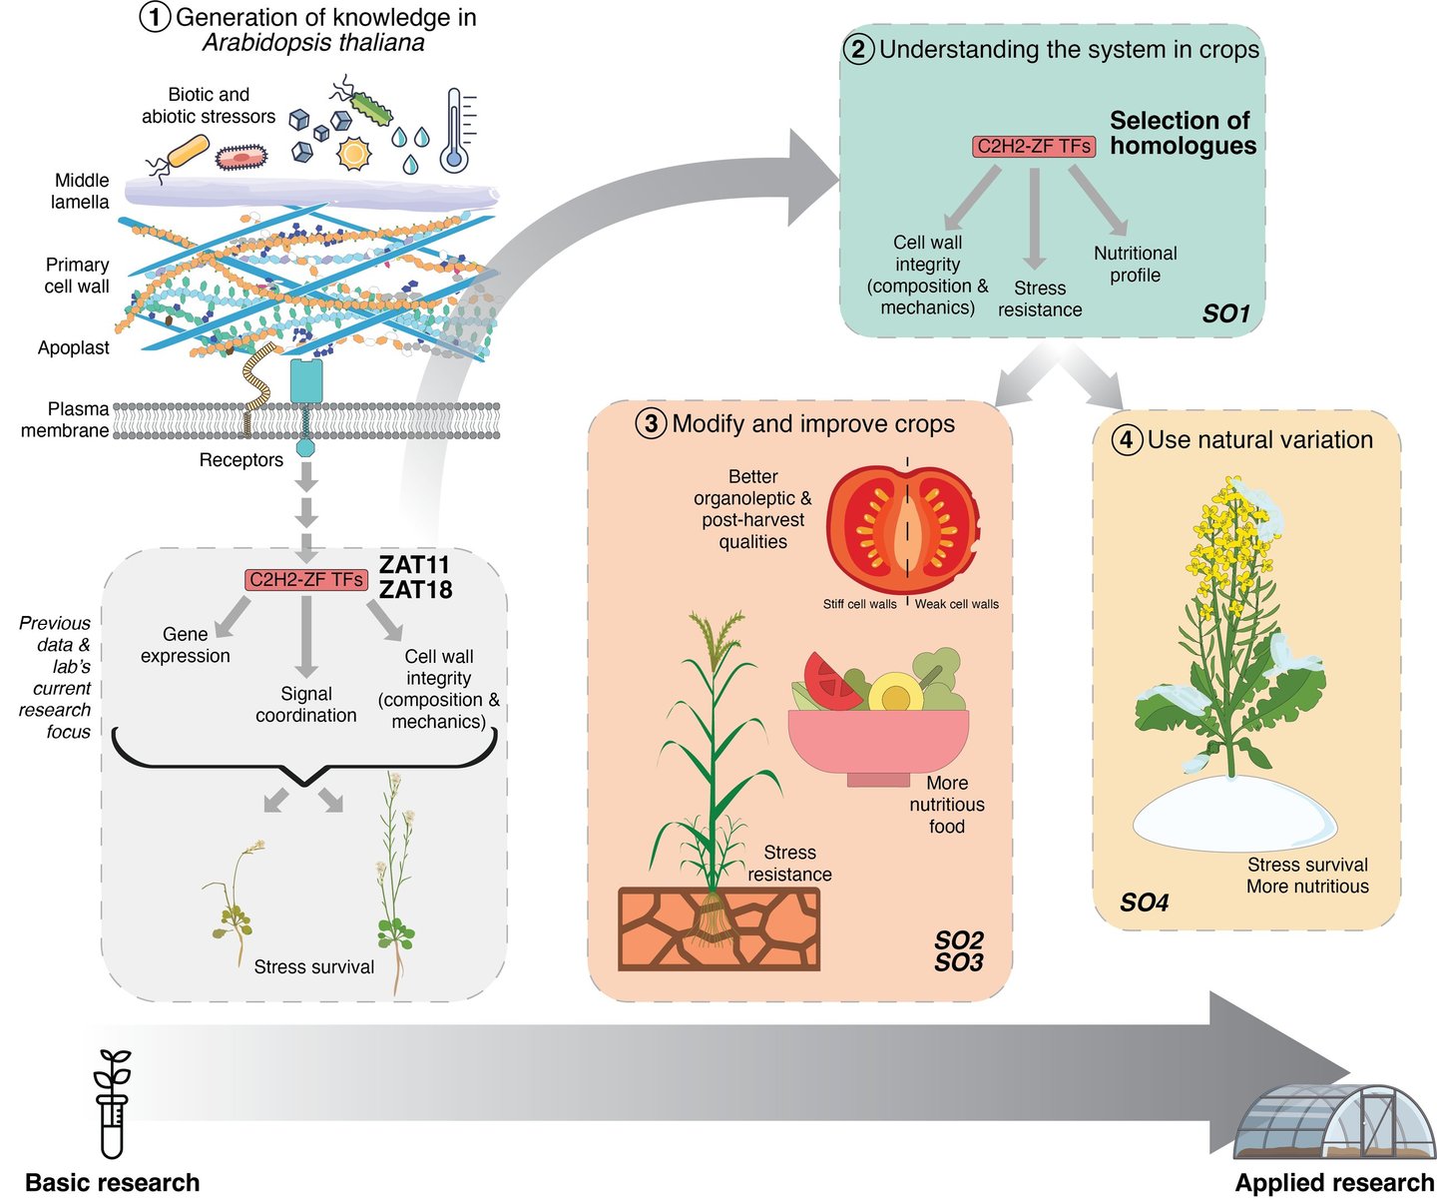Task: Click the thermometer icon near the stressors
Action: (456, 130)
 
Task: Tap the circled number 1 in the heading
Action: (155, 18)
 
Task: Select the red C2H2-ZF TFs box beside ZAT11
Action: (306, 579)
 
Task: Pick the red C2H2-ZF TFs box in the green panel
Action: (1034, 147)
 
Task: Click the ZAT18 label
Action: (415, 590)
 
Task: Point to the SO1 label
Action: (1225, 313)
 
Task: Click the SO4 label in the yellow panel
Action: (1144, 902)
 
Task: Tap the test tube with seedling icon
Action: (112, 1103)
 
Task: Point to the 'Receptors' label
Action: (240, 460)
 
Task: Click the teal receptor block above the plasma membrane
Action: (306, 381)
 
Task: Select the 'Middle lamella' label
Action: (81, 191)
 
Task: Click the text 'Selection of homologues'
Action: (1182, 133)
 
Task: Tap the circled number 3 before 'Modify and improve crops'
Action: (651, 424)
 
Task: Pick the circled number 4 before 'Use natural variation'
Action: (1127, 440)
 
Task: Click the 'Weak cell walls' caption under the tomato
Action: (956, 604)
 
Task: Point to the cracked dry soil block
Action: (718, 928)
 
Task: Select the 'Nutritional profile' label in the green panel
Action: (1135, 265)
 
